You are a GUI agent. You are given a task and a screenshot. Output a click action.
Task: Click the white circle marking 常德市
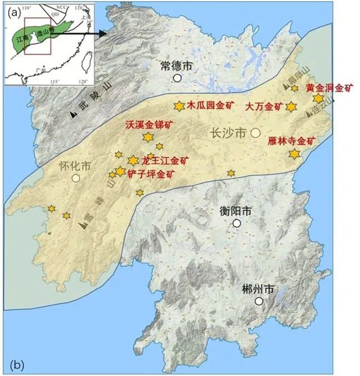[178, 78]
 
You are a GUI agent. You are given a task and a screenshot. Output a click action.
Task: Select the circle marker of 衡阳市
[237, 223]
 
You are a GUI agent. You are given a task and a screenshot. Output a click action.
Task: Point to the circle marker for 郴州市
[259, 301]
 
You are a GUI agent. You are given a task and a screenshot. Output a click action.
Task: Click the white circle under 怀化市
[76, 178]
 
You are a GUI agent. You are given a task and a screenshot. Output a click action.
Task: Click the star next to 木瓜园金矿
[178, 106]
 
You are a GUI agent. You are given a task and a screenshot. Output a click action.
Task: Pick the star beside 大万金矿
[291, 107]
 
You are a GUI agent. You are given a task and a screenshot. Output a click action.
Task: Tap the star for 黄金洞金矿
[318, 98]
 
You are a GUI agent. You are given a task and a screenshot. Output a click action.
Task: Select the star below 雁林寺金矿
[294, 154]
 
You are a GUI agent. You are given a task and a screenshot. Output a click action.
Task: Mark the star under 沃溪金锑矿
[148, 137]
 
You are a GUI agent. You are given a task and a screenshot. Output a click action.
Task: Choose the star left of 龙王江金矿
[133, 160]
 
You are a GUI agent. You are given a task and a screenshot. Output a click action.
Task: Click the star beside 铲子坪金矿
[120, 172]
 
